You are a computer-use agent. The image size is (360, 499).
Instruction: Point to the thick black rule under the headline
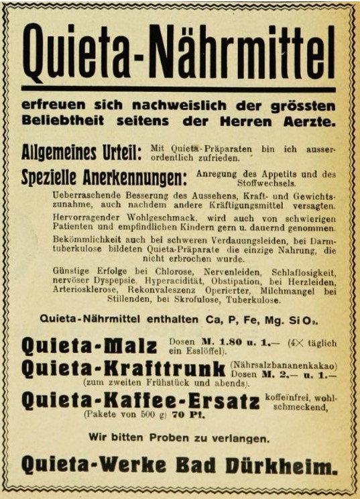tap(178, 87)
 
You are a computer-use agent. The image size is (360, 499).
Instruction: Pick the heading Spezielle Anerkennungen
tap(104, 179)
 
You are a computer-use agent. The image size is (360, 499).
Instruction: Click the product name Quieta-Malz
tap(88, 346)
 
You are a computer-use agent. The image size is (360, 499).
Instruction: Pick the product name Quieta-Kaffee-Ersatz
tap(140, 401)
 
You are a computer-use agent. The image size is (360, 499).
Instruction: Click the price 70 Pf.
tap(186, 414)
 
